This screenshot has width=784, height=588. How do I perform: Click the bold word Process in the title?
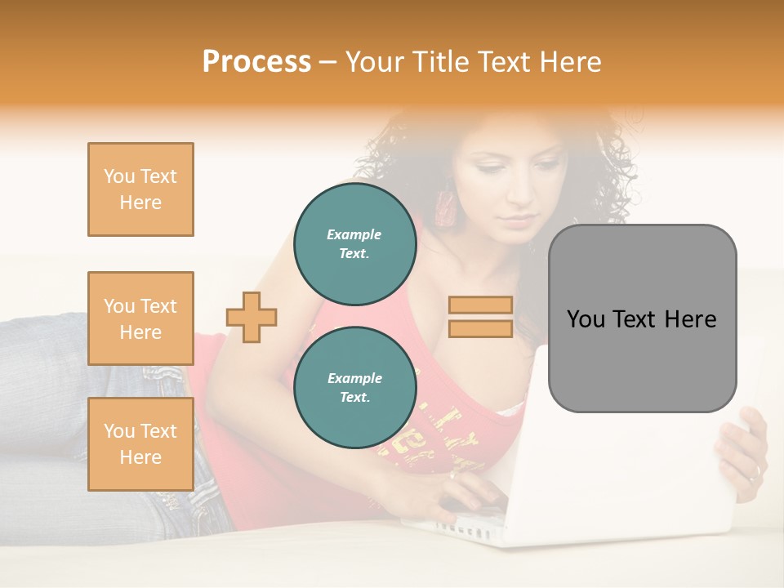click(256, 62)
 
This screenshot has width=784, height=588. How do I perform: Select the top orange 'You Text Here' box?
click(140, 189)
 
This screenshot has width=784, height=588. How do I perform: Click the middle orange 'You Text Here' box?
click(140, 318)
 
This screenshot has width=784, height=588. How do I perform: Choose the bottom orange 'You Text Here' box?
click(140, 443)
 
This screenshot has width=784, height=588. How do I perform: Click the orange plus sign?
click(252, 317)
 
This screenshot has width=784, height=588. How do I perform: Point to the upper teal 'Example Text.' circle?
click(354, 244)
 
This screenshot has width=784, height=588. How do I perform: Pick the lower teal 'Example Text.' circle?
click(354, 388)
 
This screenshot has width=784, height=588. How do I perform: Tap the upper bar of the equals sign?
click(481, 305)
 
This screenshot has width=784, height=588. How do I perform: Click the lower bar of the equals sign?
click(481, 328)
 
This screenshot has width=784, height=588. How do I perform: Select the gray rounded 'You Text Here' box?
click(642, 318)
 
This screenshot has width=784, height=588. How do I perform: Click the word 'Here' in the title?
click(569, 62)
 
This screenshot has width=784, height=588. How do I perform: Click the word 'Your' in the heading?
click(373, 62)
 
